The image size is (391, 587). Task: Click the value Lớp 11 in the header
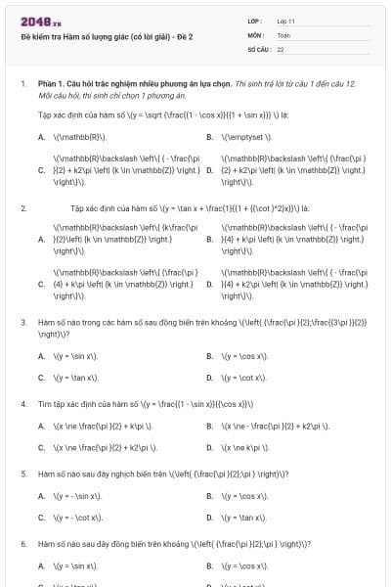[286, 21]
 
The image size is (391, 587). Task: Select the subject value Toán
[283, 34]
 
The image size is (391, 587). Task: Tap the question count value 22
[281, 48]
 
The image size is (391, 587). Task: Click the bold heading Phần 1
[50, 85]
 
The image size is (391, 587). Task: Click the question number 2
[22, 208]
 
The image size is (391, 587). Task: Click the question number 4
[22, 403]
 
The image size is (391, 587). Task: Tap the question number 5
[22, 474]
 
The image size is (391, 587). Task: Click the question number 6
[22, 543]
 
